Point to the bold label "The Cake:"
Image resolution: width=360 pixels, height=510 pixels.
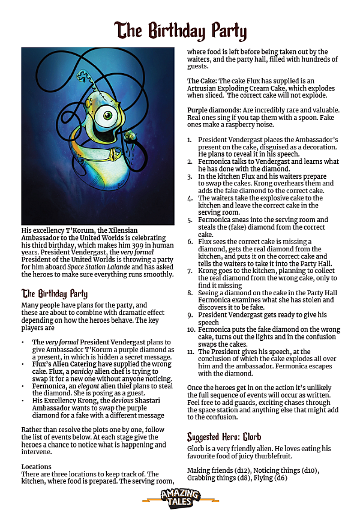201,81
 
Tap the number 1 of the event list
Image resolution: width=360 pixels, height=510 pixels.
190,140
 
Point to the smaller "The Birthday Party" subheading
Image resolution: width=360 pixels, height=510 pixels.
55,293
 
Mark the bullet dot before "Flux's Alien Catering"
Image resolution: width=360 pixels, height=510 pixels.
24,364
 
